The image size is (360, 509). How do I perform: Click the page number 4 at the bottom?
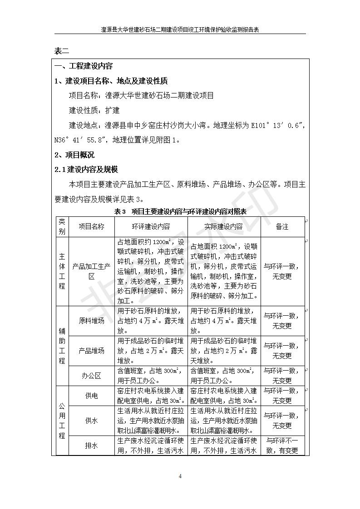pos(180,476)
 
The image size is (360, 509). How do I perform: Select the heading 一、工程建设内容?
pos(84,66)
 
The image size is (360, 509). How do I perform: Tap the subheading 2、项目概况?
pos(74,155)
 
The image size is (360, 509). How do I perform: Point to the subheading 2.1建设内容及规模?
pos(86,170)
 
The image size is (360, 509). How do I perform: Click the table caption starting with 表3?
pos(180,211)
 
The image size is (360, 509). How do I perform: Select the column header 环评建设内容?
pos(151,226)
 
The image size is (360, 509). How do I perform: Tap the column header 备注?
pos(282,226)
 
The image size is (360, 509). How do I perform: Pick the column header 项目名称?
pos(91,226)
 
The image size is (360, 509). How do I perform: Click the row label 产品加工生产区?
pos(91,271)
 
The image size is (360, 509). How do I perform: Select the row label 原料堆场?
pos(91,321)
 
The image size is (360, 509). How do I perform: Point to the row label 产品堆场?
pos(91,350)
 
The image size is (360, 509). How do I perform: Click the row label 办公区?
pos(91,376)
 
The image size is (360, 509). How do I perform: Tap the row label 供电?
pos(91,396)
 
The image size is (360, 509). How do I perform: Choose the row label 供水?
pos(91,421)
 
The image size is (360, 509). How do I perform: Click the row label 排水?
pos(91,445)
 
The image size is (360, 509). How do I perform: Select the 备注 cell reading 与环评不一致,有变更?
pos(282,445)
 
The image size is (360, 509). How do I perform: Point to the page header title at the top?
pos(180,29)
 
